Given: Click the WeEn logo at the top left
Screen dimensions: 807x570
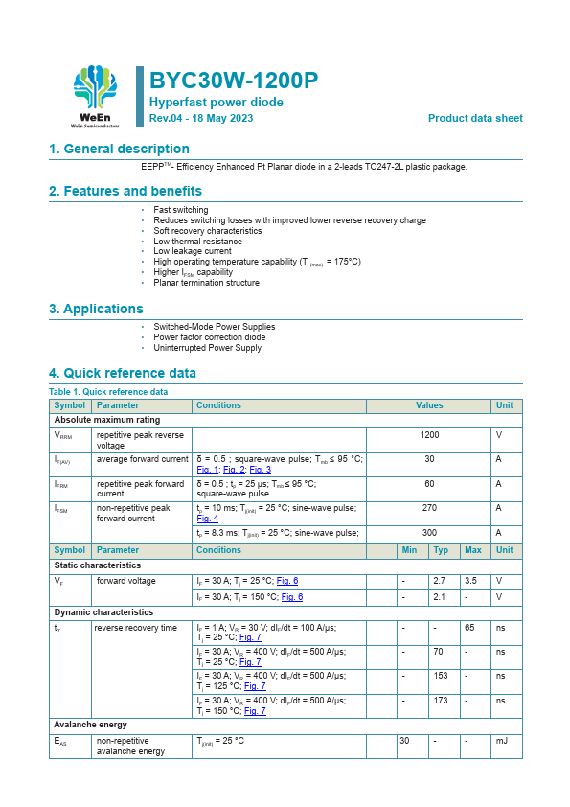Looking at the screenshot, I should [96, 97].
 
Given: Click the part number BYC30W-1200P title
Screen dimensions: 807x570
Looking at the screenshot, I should [234, 80].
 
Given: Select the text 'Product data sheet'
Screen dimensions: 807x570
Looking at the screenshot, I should [475, 118].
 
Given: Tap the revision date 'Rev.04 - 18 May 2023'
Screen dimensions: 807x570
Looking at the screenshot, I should [201, 118].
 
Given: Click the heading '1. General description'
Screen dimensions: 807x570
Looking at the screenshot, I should [119, 149].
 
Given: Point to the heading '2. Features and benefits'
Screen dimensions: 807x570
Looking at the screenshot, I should [125, 191].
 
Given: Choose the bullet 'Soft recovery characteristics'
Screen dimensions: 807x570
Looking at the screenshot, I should [207, 231].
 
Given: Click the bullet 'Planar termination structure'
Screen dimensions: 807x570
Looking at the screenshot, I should [206, 283].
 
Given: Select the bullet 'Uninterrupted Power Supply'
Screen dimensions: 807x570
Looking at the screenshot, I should [207, 348].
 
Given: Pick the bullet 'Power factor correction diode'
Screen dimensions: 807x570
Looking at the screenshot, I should [210, 337].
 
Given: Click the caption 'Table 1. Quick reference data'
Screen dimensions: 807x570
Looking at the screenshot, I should [108, 392].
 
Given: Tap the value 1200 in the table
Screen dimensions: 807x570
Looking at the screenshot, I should [429, 435].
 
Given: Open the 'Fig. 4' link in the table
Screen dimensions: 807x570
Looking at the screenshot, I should [207, 518].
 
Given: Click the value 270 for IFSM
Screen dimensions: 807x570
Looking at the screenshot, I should [429, 508].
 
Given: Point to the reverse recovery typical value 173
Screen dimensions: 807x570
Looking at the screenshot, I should [441, 701].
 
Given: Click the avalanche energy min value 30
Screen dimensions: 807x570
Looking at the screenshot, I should [404, 741].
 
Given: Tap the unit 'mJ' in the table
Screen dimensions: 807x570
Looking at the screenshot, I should [501, 741].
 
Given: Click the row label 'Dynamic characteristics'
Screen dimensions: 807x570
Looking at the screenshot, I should [103, 612].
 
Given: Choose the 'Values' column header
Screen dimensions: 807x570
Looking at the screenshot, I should [429, 405].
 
